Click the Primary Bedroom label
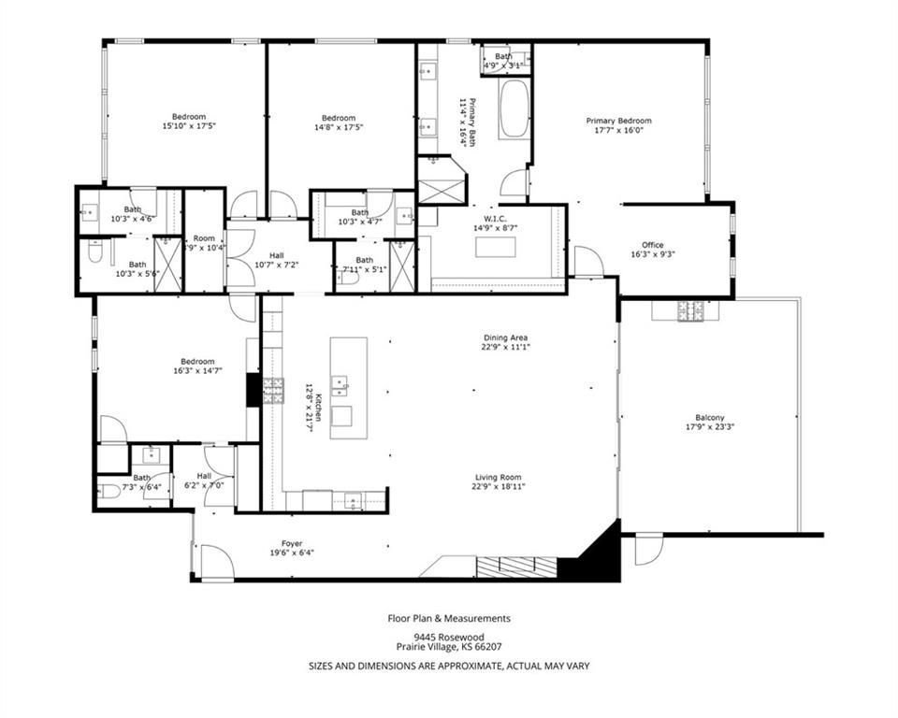(618, 121)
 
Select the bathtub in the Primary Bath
(514, 109)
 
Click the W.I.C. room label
(495, 218)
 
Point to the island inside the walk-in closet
(495, 247)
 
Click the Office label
(652, 245)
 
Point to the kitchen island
(348, 381)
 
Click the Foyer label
(292, 542)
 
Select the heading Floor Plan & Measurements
(449, 618)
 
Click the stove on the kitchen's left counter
(273, 390)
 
